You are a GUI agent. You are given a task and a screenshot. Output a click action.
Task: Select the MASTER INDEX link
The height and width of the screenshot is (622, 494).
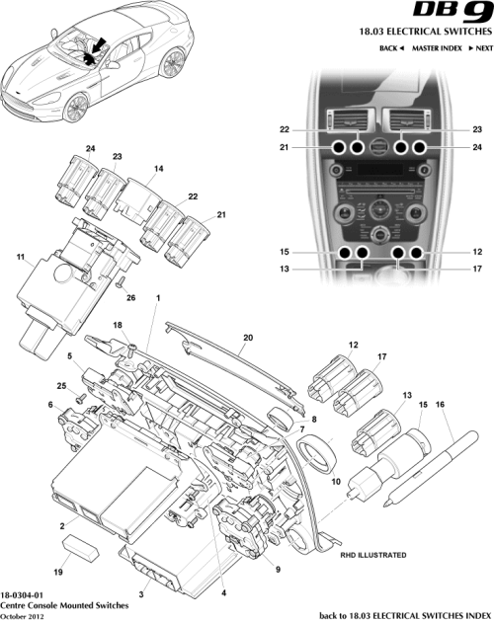pyautogui.click(x=439, y=47)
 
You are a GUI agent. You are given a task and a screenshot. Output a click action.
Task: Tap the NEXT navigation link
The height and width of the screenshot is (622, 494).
pyautogui.click(x=481, y=47)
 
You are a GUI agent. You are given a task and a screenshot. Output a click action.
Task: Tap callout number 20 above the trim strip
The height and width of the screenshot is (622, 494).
pyautogui.click(x=247, y=336)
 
